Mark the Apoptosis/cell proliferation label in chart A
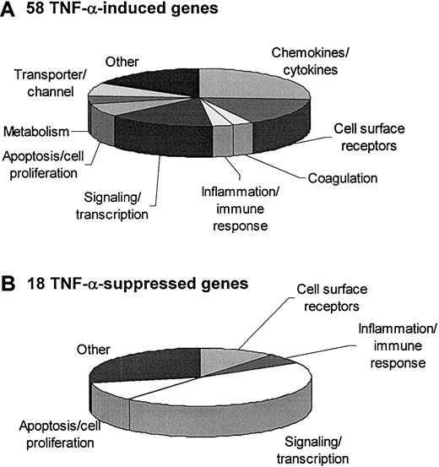50,162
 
